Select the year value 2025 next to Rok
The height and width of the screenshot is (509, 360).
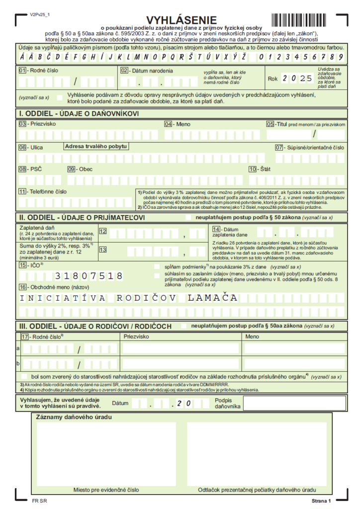[297, 78]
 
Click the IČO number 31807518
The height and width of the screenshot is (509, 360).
[89, 276]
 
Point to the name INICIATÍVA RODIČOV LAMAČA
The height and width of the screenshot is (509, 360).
[129, 298]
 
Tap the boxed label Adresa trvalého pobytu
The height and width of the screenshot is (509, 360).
[96, 146]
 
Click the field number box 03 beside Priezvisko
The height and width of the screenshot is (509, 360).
[22, 124]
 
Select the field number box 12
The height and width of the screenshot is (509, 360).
[103, 231]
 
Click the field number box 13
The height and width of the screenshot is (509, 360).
[103, 249]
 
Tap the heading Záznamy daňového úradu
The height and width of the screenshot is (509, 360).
[74, 417]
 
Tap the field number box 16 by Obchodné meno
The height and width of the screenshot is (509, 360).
[22, 287]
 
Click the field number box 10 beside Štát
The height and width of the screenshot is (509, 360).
[253, 169]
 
